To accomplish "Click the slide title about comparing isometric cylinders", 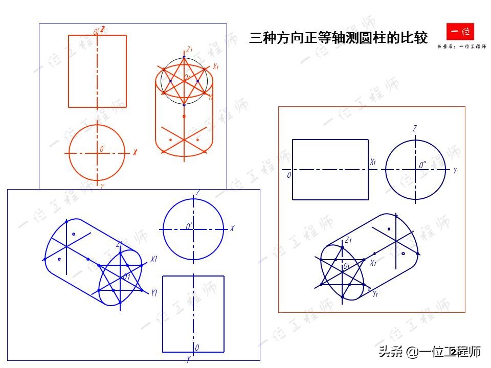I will pos(338,38).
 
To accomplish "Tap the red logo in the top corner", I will pos(460,32).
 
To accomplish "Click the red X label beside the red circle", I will pos(135,152).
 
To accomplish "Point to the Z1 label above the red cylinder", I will pos(189,50).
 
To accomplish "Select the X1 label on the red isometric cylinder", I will pos(216,66).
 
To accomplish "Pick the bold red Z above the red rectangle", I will pos(103,30).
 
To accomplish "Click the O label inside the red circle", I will pos(102,149).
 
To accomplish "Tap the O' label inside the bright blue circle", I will pos(189,225).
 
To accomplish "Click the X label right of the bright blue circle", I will pos(232,228).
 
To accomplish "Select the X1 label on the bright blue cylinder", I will pos(153,259).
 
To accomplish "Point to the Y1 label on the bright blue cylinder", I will pos(153,292).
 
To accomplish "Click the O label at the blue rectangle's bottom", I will pos(197,348).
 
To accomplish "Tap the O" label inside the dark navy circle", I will pos(422,166).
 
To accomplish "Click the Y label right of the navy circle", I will pos(455,171).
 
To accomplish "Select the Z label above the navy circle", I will pos(414,129).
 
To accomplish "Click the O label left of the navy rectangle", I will pos(289,175).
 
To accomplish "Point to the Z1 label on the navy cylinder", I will pos(348,240).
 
